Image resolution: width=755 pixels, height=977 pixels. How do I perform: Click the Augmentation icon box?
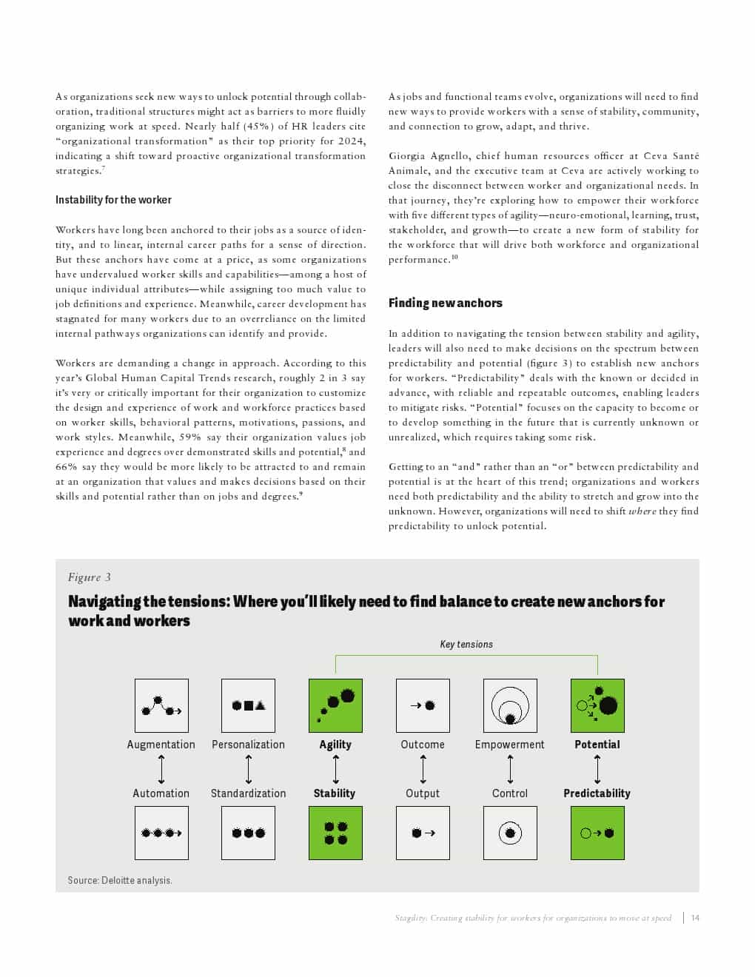[x=161, y=705]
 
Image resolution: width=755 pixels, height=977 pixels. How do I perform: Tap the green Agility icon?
[x=335, y=705]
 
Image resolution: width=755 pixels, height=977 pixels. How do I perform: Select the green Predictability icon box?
[x=597, y=833]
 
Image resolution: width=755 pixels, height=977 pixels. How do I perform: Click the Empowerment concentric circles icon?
[x=510, y=705]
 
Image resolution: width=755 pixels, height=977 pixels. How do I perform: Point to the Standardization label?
[x=248, y=793]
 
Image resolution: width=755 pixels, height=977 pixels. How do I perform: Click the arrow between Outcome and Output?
[x=423, y=769]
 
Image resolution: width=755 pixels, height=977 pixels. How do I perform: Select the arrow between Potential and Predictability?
[x=597, y=769]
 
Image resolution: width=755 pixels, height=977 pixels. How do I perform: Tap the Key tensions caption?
[x=466, y=644]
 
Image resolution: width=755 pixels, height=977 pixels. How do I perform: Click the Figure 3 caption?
[x=89, y=577]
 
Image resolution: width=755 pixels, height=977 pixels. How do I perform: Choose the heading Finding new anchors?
[x=446, y=303]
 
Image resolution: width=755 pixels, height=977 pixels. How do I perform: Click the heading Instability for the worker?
[x=113, y=200]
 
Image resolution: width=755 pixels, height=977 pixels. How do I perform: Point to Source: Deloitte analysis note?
[x=120, y=880]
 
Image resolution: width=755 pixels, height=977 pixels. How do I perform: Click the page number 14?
[x=695, y=918]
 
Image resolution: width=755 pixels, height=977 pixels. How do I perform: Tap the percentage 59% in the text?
[x=190, y=437]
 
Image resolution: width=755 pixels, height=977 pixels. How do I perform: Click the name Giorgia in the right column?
[x=407, y=155]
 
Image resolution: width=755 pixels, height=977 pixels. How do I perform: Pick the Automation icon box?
[x=161, y=833]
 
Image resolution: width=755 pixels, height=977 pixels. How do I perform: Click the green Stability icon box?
[x=335, y=833]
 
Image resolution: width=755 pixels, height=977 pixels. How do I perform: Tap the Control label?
[x=510, y=793]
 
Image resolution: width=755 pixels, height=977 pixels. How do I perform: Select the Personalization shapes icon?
[x=248, y=705]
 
